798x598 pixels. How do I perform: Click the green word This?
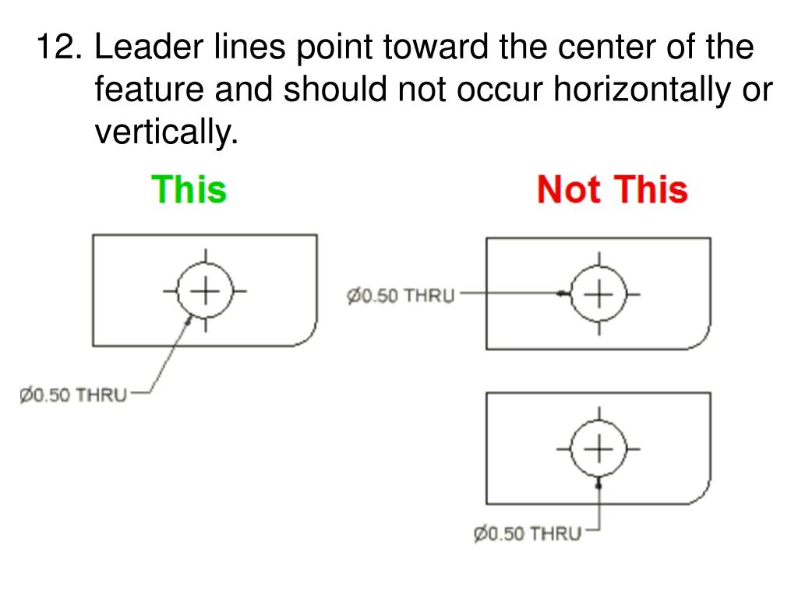coord(189,189)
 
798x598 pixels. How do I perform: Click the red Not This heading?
coord(612,189)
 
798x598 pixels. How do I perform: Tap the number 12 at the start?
coord(58,48)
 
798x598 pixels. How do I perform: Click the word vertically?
coord(164,134)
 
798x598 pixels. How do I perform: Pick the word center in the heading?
coord(607,48)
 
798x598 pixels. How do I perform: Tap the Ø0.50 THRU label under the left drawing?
coord(73,395)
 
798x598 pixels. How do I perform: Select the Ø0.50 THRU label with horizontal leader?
coord(400,297)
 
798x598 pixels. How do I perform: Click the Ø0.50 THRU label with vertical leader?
coord(528,534)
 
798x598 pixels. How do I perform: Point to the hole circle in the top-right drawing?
coord(598,294)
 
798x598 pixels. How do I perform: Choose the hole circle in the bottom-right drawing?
coord(598,449)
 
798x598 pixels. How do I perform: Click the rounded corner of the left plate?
coord(306,336)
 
